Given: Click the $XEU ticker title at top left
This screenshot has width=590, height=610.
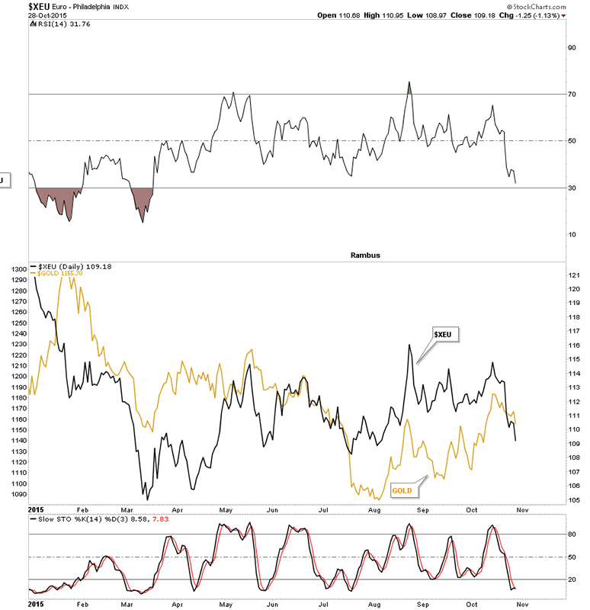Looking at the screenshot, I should tap(15, 5).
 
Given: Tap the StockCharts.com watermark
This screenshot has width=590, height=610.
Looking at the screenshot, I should tap(554, 5).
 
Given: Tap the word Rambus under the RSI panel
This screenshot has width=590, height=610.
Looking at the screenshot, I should tap(365, 255).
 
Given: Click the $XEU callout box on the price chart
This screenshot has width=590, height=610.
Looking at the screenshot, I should tap(446, 334).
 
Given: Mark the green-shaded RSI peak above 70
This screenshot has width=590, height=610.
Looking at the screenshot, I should tap(409, 88).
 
